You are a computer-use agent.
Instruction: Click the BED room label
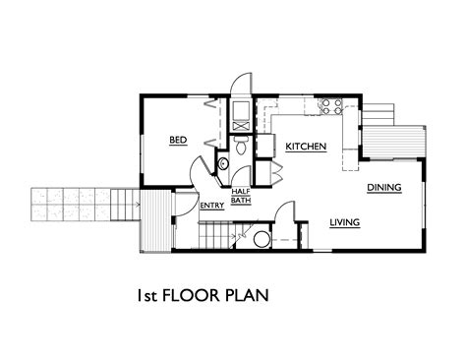pyautogui.click(x=178, y=140)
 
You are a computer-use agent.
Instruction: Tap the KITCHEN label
pyautogui.click(x=306, y=147)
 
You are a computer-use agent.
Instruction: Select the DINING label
pyautogui.click(x=384, y=188)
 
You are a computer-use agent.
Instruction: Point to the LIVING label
pyautogui.click(x=345, y=222)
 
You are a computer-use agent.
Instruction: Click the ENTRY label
pyautogui.click(x=212, y=206)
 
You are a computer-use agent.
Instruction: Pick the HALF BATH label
pyautogui.click(x=241, y=196)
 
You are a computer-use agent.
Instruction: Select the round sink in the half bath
pyautogui.click(x=223, y=163)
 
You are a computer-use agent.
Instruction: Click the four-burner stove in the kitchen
pyautogui.click(x=331, y=106)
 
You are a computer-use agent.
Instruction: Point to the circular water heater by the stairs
pyautogui.click(x=262, y=239)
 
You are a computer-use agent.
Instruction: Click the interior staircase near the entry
pyautogui.click(x=216, y=234)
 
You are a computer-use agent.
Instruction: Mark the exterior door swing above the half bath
pyautogui.click(x=241, y=82)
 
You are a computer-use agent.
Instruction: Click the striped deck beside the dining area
pyautogui.click(x=394, y=142)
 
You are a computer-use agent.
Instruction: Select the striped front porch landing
pyautogui.click(x=155, y=220)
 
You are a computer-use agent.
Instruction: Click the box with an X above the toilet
pyautogui.click(x=241, y=127)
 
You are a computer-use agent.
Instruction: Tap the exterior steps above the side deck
pyautogui.click(x=378, y=114)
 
